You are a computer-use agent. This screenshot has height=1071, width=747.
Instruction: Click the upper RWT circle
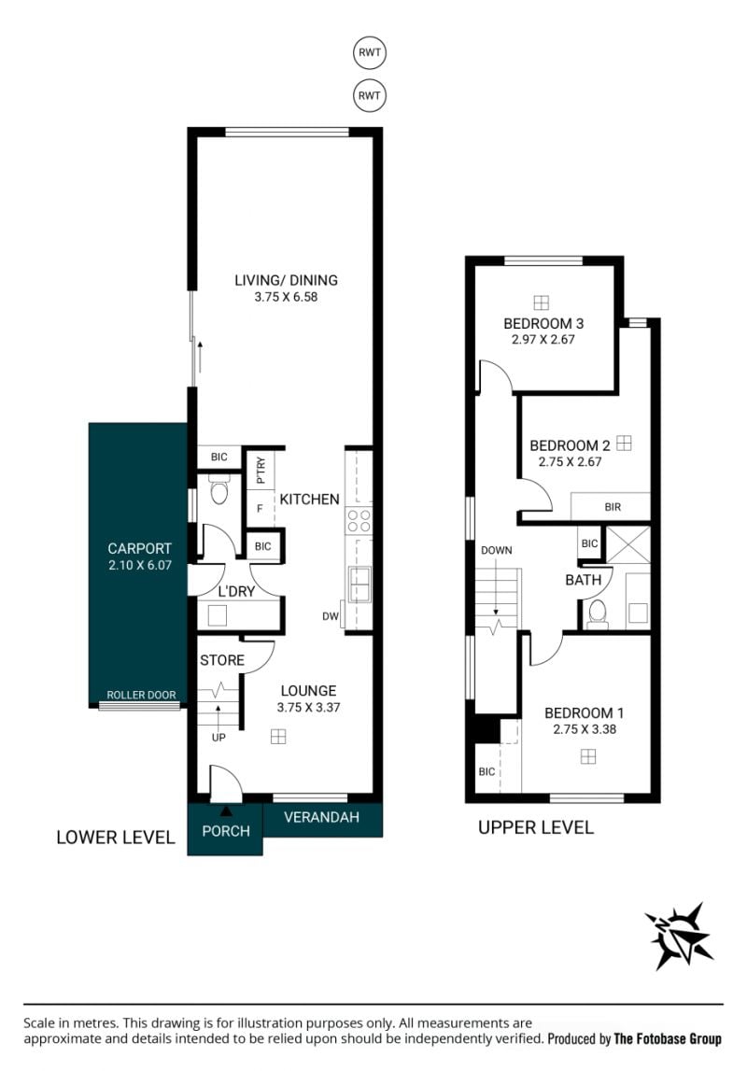click(370, 52)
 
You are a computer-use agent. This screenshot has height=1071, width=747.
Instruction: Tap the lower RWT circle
click(370, 95)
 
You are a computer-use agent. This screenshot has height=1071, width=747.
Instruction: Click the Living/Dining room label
click(286, 280)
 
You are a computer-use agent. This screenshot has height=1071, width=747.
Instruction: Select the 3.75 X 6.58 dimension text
click(286, 297)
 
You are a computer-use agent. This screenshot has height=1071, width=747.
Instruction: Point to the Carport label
click(139, 548)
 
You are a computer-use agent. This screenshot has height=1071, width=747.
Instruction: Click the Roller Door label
click(141, 696)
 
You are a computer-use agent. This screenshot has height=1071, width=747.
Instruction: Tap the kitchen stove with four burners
click(359, 520)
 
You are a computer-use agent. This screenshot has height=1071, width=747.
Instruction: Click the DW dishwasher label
click(331, 616)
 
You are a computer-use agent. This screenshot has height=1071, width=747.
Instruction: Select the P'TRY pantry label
click(261, 471)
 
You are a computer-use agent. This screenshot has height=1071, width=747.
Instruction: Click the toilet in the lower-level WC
click(219, 490)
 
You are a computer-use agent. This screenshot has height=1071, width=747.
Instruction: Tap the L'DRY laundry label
click(236, 591)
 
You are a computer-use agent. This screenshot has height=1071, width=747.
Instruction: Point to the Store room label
click(222, 660)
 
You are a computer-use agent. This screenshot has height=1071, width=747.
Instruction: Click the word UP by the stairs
click(218, 738)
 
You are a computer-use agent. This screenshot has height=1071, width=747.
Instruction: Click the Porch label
click(226, 831)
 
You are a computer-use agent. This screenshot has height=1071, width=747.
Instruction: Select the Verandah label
click(321, 817)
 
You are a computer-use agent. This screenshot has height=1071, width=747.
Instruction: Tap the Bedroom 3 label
click(543, 324)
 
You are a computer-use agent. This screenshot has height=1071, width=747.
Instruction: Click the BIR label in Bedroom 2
click(613, 507)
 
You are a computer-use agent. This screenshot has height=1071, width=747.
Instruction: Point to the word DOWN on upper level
click(497, 551)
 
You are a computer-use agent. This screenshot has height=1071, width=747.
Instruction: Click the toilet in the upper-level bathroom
click(599, 614)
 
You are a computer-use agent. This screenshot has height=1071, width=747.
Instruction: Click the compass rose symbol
click(679, 936)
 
